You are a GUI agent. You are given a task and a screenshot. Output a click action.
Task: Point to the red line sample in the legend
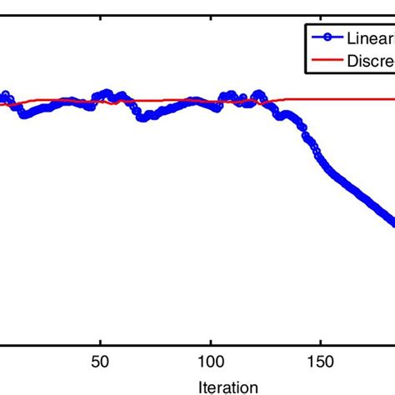pos(327,59)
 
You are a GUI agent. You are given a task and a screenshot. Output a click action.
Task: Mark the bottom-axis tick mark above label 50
pos(100,337)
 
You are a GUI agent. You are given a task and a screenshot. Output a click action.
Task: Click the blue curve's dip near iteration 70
pos(143,118)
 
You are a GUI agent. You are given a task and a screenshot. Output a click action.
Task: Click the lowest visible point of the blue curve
pos(392,222)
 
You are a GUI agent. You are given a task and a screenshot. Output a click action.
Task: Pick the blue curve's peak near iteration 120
pos(257,91)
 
